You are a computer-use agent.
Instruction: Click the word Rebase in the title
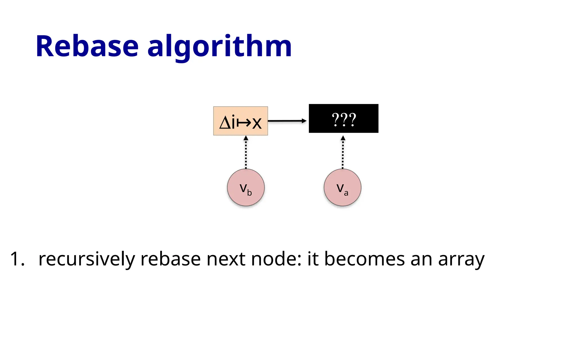[87, 46]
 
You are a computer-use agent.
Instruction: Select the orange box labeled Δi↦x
[240, 121]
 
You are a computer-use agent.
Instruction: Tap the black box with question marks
[343, 118]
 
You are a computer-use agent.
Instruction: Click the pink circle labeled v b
[246, 188]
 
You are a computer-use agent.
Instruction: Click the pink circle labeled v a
[342, 188]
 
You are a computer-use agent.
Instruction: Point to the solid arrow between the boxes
[287, 121]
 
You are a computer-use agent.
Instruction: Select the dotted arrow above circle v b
[246, 153]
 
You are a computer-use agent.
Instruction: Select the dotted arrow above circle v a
[343, 153]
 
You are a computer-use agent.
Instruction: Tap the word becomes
[364, 259]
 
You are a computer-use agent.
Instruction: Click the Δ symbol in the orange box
[225, 123]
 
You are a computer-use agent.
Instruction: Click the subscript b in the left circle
[249, 193]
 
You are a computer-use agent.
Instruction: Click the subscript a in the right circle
[346, 193]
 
